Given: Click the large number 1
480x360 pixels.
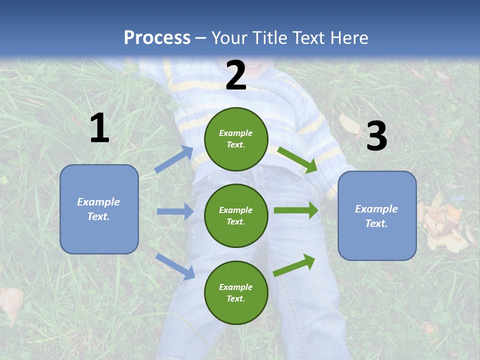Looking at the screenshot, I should tap(99, 128).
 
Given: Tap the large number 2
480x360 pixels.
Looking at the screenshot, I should tap(236, 75).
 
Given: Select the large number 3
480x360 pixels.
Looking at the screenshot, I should tap(376, 136).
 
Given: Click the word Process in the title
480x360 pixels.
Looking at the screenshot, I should tap(157, 37).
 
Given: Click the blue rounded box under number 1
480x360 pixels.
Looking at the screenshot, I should tap(99, 209).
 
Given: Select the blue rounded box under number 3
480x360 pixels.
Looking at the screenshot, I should tap(377, 216).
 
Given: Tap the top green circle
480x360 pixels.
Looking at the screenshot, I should tap(236, 139).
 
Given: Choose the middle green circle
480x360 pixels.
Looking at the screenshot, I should tap(236, 215).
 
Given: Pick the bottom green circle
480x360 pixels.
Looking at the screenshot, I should tap(236, 292).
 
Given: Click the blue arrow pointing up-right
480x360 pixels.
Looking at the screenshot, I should tap(174, 159).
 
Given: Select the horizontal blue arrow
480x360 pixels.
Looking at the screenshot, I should tap(175, 211).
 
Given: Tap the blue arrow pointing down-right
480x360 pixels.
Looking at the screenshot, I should tap(175, 266).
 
